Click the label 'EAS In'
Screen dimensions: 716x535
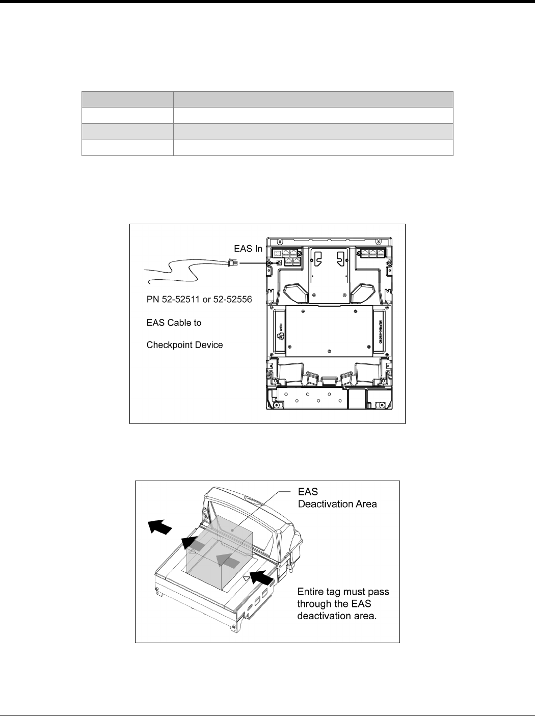pyautogui.click(x=248, y=249)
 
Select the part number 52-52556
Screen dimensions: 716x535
pyautogui.click(x=233, y=300)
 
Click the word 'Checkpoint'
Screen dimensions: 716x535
pyautogui.click(x=166, y=345)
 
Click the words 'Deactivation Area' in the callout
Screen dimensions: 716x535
pyautogui.click(x=337, y=505)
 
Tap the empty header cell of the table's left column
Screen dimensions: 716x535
pyautogui.click(x=127, y=99)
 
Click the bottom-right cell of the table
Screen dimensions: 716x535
pyautogui.click(x=313, y=148)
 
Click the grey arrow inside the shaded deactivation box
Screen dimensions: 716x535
pyautogui.click(x=227, y=561)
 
